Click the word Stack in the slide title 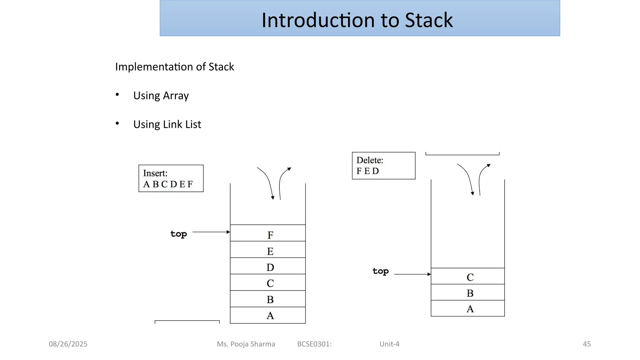tap(428, 20)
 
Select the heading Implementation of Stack tap(174, 67)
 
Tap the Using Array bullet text tap(161, 96)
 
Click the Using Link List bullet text tap(167, 124)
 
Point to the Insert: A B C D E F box tap(171, 178)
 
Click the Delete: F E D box tap(383, 166)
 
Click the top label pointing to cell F tap(178, 234)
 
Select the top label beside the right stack tap(381, 271)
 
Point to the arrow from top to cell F tap(211, 232)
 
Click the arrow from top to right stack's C tap(412, 274)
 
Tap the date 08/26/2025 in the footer tap(68, 344)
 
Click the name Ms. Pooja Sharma tap(246, 344)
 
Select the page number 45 tap(587, 344)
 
